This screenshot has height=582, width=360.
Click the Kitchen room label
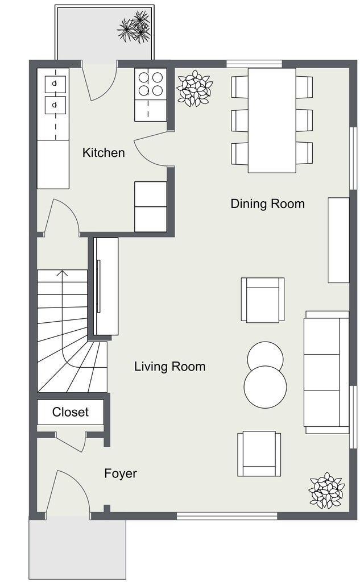(104, 152)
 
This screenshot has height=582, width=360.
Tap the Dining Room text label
(267, 203)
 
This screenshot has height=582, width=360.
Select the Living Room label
(169, 367)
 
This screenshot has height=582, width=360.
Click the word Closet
(71, 412)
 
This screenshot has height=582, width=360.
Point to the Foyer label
(121, 473)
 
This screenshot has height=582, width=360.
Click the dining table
(272, 119)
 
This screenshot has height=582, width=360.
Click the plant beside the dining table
(194, 88)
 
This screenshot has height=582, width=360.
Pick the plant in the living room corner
(326, 490)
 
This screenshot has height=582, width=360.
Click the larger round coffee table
(265, 387)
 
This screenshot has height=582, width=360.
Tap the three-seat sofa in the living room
(326, 372)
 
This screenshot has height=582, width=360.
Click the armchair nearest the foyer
(259, 454)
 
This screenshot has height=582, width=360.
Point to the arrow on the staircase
(63, 274)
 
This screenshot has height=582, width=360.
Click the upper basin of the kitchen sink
(55, 84)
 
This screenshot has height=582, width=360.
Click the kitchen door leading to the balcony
(100, 82)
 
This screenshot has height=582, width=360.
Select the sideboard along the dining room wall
(338, 240)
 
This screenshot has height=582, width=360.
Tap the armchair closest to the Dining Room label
(262, 300)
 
